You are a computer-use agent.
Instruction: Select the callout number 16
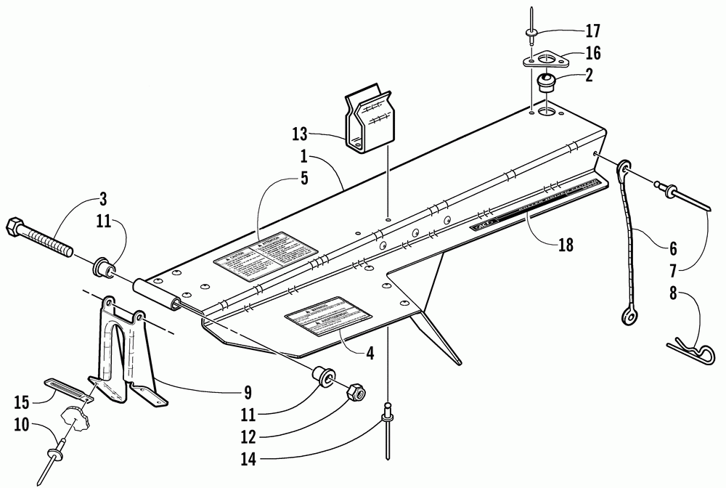pyautogui.click(x=592, y=52)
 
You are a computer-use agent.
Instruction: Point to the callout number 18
pyautogui.click(x=566, y=245)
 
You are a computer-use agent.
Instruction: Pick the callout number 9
pyautogui.click(x=248, y=393)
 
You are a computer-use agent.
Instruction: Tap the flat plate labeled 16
pyautogui.click(x=545, y=58)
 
